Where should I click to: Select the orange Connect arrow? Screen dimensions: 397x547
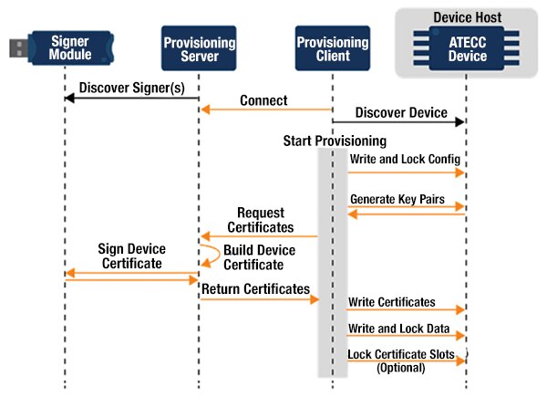264,110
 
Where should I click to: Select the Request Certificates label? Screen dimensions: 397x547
260,220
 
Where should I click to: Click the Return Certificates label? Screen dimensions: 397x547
255,288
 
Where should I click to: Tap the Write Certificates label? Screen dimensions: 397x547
391,302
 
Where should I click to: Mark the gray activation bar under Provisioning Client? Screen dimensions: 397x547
324,265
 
